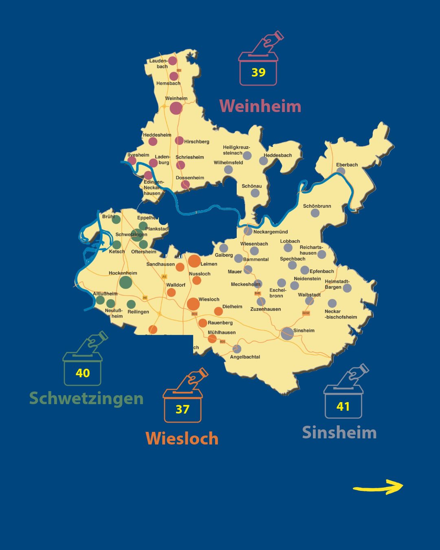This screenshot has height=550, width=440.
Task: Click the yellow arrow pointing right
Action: [x=378, y=487]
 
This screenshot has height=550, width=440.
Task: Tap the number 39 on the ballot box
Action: [x=258, y=73]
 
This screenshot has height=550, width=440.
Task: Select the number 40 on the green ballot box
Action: [x=83, y=373]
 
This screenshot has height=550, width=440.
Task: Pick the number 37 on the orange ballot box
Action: [x=183, y=409]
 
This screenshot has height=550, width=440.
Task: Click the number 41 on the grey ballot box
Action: [x=343, y=407]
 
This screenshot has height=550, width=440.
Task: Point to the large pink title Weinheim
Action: [x=260, y=106]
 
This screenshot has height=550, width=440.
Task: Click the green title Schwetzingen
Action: [x=86, y=398]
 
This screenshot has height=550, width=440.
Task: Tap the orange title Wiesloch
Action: [x=182, y=439]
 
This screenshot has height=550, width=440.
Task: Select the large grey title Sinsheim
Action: [x=339, y=433]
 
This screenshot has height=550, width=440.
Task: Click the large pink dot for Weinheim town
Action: [x=176, y=108]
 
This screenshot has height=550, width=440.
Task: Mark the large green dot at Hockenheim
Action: [x=125, y=282]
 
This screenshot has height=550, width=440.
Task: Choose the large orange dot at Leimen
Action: [x=194, y=261]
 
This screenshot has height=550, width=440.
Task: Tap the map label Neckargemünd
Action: [x=271, y=232]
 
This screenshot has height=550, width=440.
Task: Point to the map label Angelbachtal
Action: [x=245, y=357]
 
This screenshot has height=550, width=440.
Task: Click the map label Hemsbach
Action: [x=168, y=84]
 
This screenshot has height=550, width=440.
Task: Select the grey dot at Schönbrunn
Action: [x=315, y=213]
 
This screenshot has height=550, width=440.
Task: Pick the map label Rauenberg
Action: [x=220, y=323]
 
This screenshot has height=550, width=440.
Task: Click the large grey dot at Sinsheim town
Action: [x=287, y=333]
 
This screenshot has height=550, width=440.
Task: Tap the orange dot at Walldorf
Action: [x=171, y=293]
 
